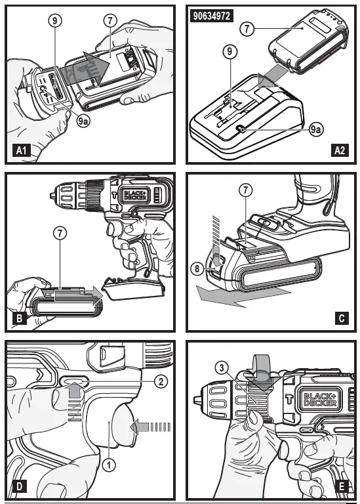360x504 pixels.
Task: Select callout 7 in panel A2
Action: tap(247, 29)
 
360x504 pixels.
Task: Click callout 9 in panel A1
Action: tap(54, 20)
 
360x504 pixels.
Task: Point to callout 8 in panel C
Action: tap(197, 268)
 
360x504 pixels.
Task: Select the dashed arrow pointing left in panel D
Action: tap(151, 428)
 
